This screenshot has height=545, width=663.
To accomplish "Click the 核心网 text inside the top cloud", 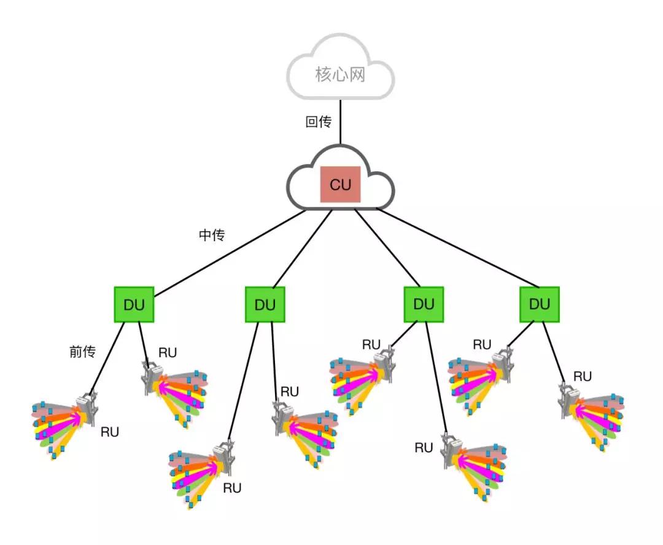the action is coord(340,74).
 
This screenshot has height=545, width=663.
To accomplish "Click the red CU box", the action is coord(340,184).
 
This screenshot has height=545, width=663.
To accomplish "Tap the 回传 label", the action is coord(319,122).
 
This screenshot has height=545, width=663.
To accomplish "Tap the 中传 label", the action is coord(212,234).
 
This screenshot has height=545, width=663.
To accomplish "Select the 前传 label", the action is coord(82,351).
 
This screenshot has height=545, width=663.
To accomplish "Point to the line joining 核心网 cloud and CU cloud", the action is coord(340,122).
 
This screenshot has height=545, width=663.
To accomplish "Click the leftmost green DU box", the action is coord(134,304).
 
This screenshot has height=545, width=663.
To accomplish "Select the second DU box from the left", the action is coord(265,304).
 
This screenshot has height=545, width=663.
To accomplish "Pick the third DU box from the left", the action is coord(424,304).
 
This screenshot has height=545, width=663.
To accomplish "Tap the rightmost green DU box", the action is coord(540,304).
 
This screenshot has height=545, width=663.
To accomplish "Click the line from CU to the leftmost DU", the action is coord(230,253).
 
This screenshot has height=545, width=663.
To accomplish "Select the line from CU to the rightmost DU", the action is coord(457,248).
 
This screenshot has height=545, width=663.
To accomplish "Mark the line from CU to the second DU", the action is coord(302,249).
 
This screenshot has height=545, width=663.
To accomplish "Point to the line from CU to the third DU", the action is coord(387,248).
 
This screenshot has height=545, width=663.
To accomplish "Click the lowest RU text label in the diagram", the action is coord(232,488).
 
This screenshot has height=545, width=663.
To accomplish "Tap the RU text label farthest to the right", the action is coord(582,376).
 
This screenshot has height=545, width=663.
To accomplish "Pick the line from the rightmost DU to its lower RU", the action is coord(554,353).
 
